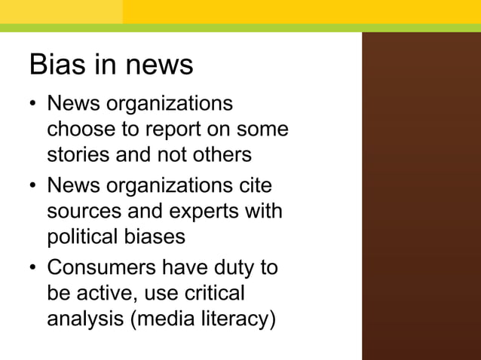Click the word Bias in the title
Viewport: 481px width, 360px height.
tap(56, 65)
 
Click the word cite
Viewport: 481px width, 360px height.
tap(253, 185)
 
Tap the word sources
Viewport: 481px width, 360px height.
tap(87, 211)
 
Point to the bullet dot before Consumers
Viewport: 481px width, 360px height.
tap(34, 267)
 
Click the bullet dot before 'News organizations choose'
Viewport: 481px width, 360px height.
tap(34, 104)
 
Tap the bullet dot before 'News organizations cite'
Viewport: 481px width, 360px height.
tap(34, 185)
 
